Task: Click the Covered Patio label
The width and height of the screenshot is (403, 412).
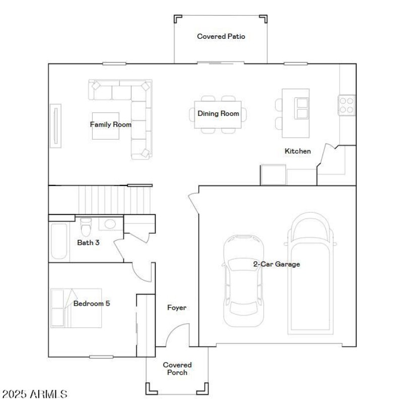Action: coord(221,36)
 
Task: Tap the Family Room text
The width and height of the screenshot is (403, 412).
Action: coord(111,125)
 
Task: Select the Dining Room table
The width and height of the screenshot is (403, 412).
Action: coord(218,114)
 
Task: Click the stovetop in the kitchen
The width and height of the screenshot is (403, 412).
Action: coord(347,104)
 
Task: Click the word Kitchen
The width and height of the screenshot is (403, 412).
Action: coord(298,151)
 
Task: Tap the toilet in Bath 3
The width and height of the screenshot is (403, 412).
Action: coord(86,227)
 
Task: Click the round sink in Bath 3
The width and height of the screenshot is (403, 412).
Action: coord(109,225)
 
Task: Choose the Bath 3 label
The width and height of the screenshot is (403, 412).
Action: coord(88,243)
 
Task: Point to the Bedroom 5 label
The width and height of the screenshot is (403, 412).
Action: coord(92,304)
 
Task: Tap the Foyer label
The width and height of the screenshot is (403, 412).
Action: coord(177,308)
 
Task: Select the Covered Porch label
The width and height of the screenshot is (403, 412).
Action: coord(177,369)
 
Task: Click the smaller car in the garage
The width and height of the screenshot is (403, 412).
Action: coord(244,280)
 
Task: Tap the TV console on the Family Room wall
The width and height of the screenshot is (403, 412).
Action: coord(55,126)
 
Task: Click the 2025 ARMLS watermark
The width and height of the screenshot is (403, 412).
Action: coord(34,394)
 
